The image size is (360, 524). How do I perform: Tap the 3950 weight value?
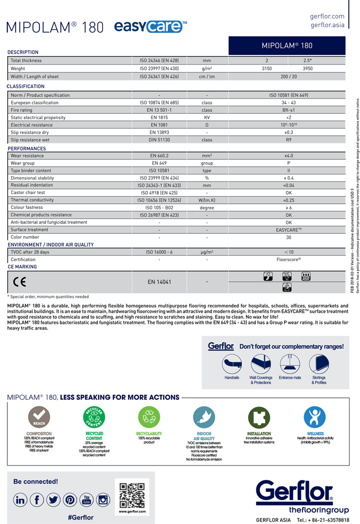tap(308, 69)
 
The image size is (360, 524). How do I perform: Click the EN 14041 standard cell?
tap(159, 282)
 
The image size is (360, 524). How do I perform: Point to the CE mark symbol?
tap(19, 282)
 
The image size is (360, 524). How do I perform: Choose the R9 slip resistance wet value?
tap(288, 140)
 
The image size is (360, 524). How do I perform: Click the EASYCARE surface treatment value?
tap(288, 230)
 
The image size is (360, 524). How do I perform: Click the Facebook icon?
tap(37, 499)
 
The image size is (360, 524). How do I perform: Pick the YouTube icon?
tap(86, 499)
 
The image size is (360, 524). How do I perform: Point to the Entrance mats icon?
tap(289, 362)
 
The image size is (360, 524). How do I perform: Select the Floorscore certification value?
tap(288, 260)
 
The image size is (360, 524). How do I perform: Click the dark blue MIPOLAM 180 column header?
tap(287, 46)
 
